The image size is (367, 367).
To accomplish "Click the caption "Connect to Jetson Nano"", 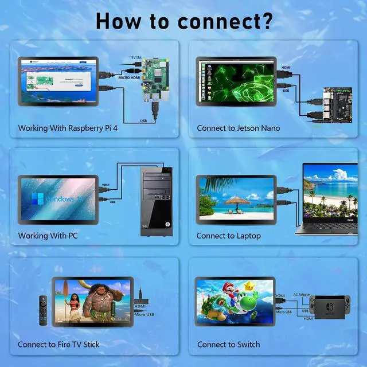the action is point(239,128).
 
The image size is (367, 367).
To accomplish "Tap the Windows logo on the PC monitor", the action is point(37,199).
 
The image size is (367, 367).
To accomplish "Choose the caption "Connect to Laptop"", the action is point(228,236).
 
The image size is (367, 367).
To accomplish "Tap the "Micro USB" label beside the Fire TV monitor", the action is point(143,314).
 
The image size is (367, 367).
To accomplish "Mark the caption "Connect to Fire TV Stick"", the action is point(58,345).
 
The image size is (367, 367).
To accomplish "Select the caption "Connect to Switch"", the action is point(228,345).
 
